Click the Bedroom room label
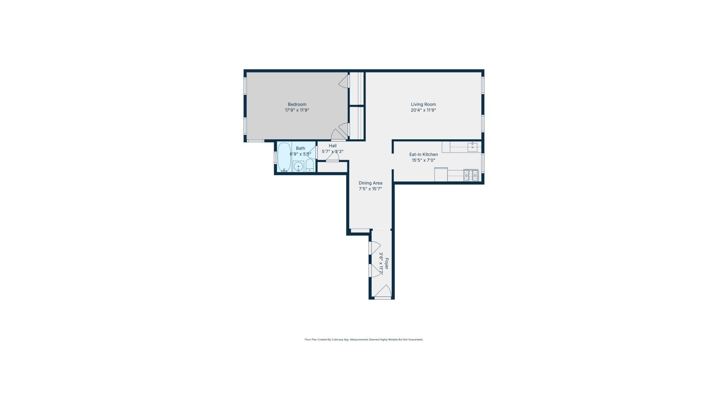coord(297,104)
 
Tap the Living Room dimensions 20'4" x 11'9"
coord(423,110)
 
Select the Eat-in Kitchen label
coord(424,155)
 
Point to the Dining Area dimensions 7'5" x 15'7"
coord(370,189)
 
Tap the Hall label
coord(333,146)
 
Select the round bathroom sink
coord(298,166)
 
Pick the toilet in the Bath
coord(310,166)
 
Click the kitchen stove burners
coord(471,175)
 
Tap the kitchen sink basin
coord(472,147)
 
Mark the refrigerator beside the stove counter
coord(441,174)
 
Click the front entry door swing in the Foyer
coord(383,292)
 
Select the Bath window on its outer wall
coord(276,157)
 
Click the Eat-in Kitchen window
coord(483,163)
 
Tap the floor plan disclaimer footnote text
coord(364,340)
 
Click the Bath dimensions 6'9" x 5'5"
coord(300,154)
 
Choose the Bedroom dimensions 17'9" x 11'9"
coord(297,110)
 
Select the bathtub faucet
coord(284,170)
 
